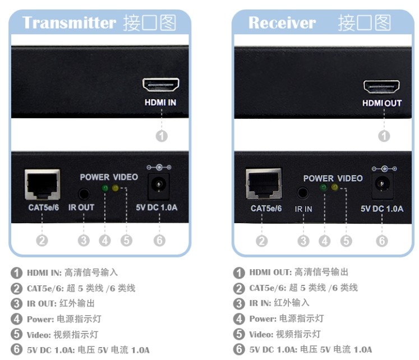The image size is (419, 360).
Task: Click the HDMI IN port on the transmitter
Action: coord(160,86)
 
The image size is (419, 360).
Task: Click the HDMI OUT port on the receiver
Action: coord(381,87)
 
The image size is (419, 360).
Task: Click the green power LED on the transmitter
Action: coord(104,188)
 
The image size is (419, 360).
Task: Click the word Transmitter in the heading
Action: coord(68,23)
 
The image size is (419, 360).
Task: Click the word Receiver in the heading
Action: coord(282,23)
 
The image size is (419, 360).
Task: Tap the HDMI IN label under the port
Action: coord(160,103)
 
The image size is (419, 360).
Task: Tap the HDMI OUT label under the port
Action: coord(381,103)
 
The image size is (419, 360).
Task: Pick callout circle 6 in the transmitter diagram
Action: coord(159,241)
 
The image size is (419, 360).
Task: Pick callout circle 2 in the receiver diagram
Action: coord(262,241)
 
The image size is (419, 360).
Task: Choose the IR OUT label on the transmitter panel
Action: coord(82,207)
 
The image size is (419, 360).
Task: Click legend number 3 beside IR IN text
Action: coord(240,303)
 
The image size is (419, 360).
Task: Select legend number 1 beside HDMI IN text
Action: coord(17,273)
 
